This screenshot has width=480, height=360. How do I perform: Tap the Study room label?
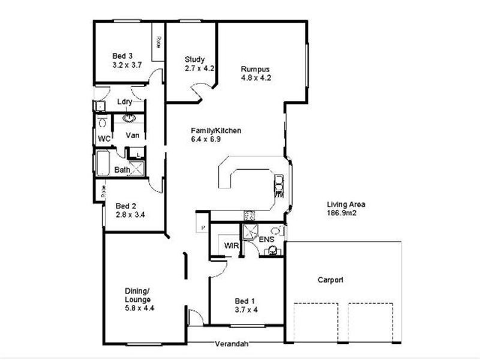195,59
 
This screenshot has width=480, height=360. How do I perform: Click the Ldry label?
124,101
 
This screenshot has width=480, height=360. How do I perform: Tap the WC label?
104,139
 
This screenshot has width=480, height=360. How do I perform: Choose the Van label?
133,136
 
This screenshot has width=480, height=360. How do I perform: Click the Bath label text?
122,170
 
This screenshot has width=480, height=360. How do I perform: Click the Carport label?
331,280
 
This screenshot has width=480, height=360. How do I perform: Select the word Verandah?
233,344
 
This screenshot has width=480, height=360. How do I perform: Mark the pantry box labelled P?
203,227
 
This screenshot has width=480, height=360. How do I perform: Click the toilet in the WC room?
102,123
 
